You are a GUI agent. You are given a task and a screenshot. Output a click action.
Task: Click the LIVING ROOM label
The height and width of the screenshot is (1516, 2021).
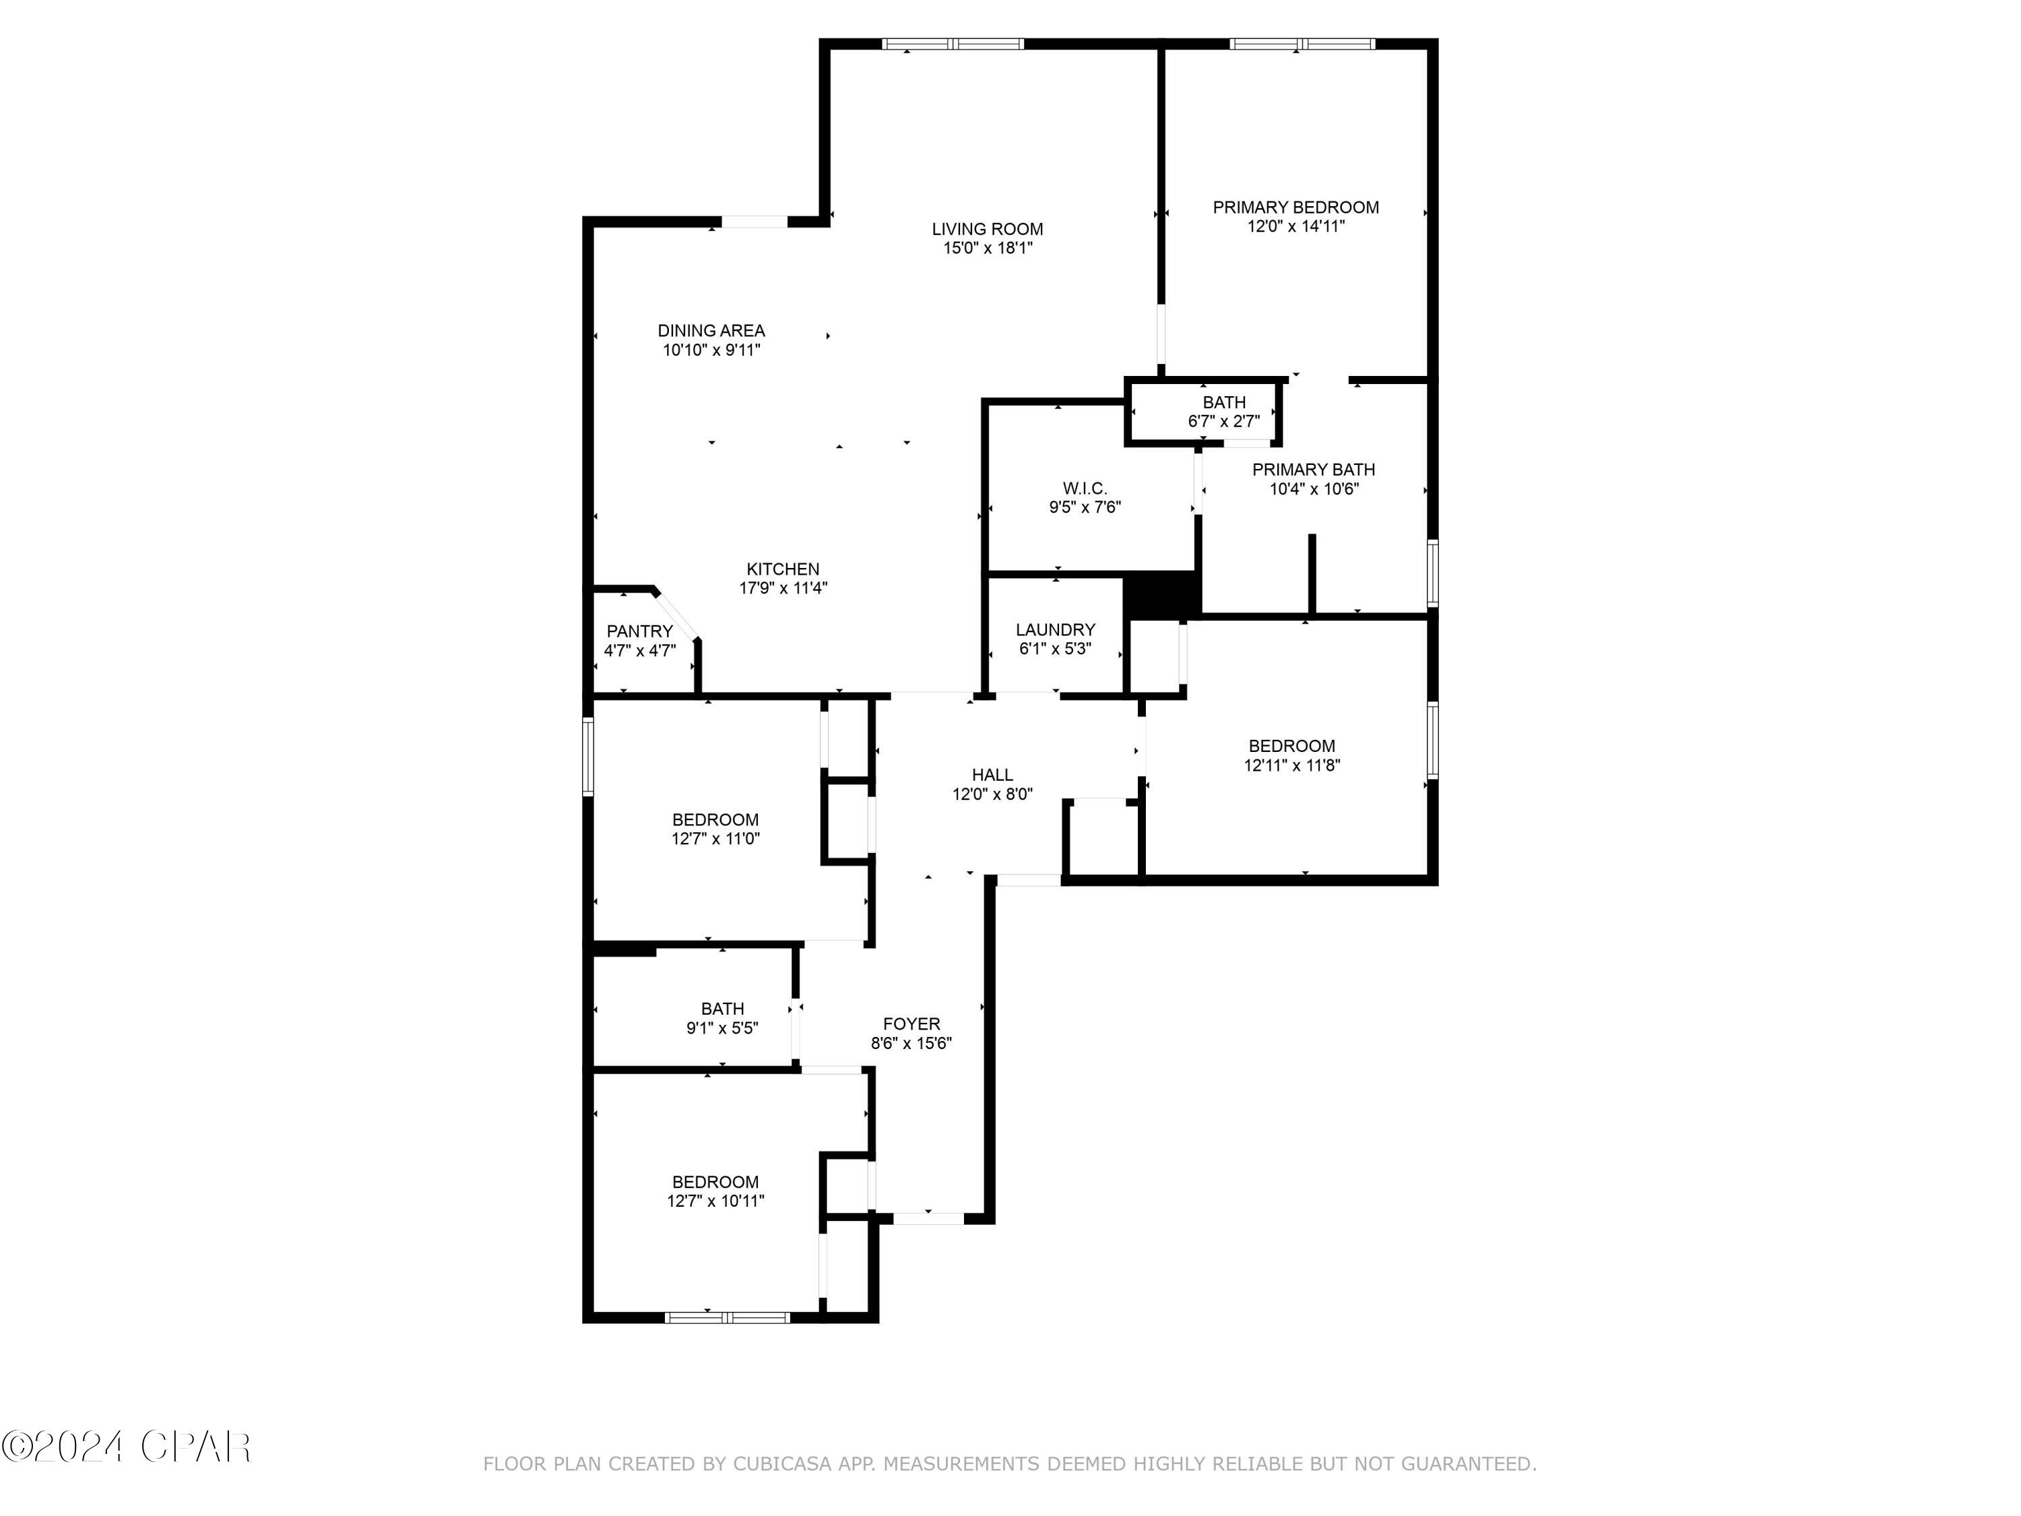(987, 229)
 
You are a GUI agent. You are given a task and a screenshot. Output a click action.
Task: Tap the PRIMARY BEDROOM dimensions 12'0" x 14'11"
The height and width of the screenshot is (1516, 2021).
(1295, 226)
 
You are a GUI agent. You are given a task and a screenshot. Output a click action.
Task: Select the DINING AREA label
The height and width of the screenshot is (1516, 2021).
(711, 331)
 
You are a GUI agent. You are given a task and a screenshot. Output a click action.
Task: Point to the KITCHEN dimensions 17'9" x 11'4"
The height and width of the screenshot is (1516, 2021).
(783, 588)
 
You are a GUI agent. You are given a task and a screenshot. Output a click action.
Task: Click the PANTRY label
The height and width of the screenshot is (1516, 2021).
(639, 631)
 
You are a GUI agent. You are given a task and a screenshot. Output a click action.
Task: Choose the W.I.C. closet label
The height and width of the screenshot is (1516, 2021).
(1085, 489)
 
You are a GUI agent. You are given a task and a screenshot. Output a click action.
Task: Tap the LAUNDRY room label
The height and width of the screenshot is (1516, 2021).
(1055, 629)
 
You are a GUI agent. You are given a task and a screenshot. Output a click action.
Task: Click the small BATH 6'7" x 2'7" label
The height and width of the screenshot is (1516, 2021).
(1223, 403)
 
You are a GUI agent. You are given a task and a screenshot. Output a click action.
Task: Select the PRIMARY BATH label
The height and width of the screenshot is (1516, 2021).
(1313, 470)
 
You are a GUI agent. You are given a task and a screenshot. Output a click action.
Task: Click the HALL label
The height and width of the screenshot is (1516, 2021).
(992, 775)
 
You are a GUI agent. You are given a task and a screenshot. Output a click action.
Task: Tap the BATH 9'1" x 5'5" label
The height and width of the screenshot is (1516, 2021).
(721, 1009)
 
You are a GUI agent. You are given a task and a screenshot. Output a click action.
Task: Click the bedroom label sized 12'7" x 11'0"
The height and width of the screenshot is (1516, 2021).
(715, 820)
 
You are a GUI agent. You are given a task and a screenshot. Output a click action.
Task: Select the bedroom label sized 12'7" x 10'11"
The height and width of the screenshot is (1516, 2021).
(715, 1182)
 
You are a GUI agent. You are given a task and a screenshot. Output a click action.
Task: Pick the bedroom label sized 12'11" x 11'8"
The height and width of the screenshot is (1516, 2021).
(1291, 746)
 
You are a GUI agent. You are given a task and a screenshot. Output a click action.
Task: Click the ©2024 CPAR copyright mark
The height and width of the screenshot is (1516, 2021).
(126, 1447)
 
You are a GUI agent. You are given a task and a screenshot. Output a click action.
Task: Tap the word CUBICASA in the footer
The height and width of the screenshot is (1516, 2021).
(782, 1464)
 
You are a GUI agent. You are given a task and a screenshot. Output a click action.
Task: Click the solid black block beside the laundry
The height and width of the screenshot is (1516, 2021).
(1160, 595)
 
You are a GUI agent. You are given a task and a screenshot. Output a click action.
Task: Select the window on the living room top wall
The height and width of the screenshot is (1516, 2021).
(953, 44)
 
